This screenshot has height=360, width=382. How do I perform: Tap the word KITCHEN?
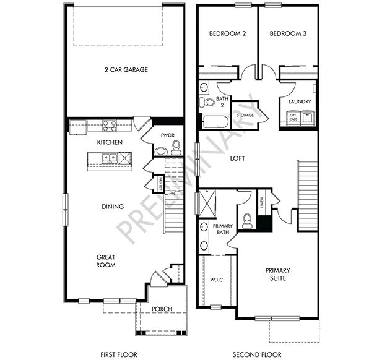(110, 142)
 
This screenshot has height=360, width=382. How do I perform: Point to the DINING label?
(113, 207)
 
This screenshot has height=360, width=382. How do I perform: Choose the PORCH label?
(162, 309)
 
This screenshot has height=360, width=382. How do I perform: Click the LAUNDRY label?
(299, 101)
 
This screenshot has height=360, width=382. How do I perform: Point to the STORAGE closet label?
(245, 115)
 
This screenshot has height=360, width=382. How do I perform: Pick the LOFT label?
(238, 158)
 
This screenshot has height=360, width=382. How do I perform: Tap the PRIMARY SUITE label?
(278, 275)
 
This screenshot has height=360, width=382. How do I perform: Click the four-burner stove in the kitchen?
(110, 126)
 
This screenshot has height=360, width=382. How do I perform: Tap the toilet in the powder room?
(176, 147)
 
